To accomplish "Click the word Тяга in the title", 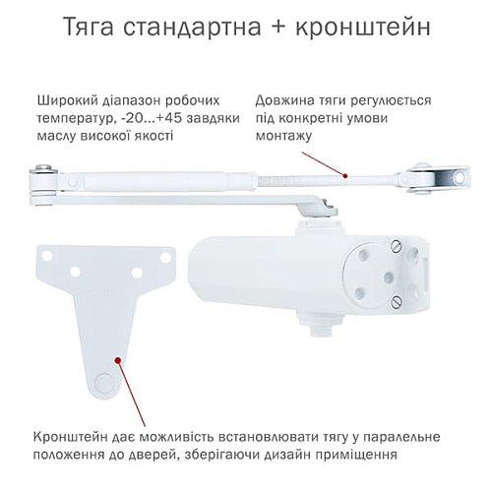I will click(98, 26).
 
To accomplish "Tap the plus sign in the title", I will click(277, 26).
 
